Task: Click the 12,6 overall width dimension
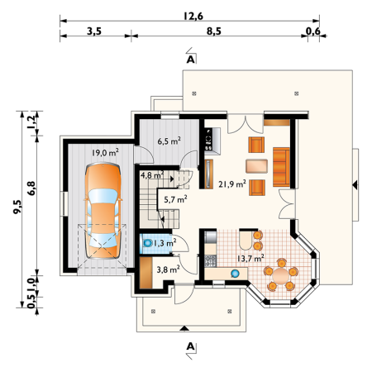pos(193,17)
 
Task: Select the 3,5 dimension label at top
pos(94,31)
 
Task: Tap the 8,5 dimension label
pos(214,31)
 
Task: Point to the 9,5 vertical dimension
pos(17,207)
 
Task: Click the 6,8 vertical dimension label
pos(31,188)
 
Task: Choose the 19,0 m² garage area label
pos(105,152)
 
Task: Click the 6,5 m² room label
pos(169,141)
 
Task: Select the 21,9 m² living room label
pos(232,184)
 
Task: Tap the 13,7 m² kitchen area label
pos(250,258)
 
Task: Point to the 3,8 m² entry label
pos(169,269)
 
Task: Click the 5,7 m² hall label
pos(175,199)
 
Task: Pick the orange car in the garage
pos(103,210)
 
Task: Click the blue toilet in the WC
pos(147,243)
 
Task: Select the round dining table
pos(281,276)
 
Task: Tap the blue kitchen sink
pos(235,273)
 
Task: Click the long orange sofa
pos(281,167)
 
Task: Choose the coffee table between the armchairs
pos(256,166)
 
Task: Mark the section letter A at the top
pos(191,60)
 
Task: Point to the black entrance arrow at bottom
pos(184,328)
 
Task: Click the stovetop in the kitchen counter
pos(211,260)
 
